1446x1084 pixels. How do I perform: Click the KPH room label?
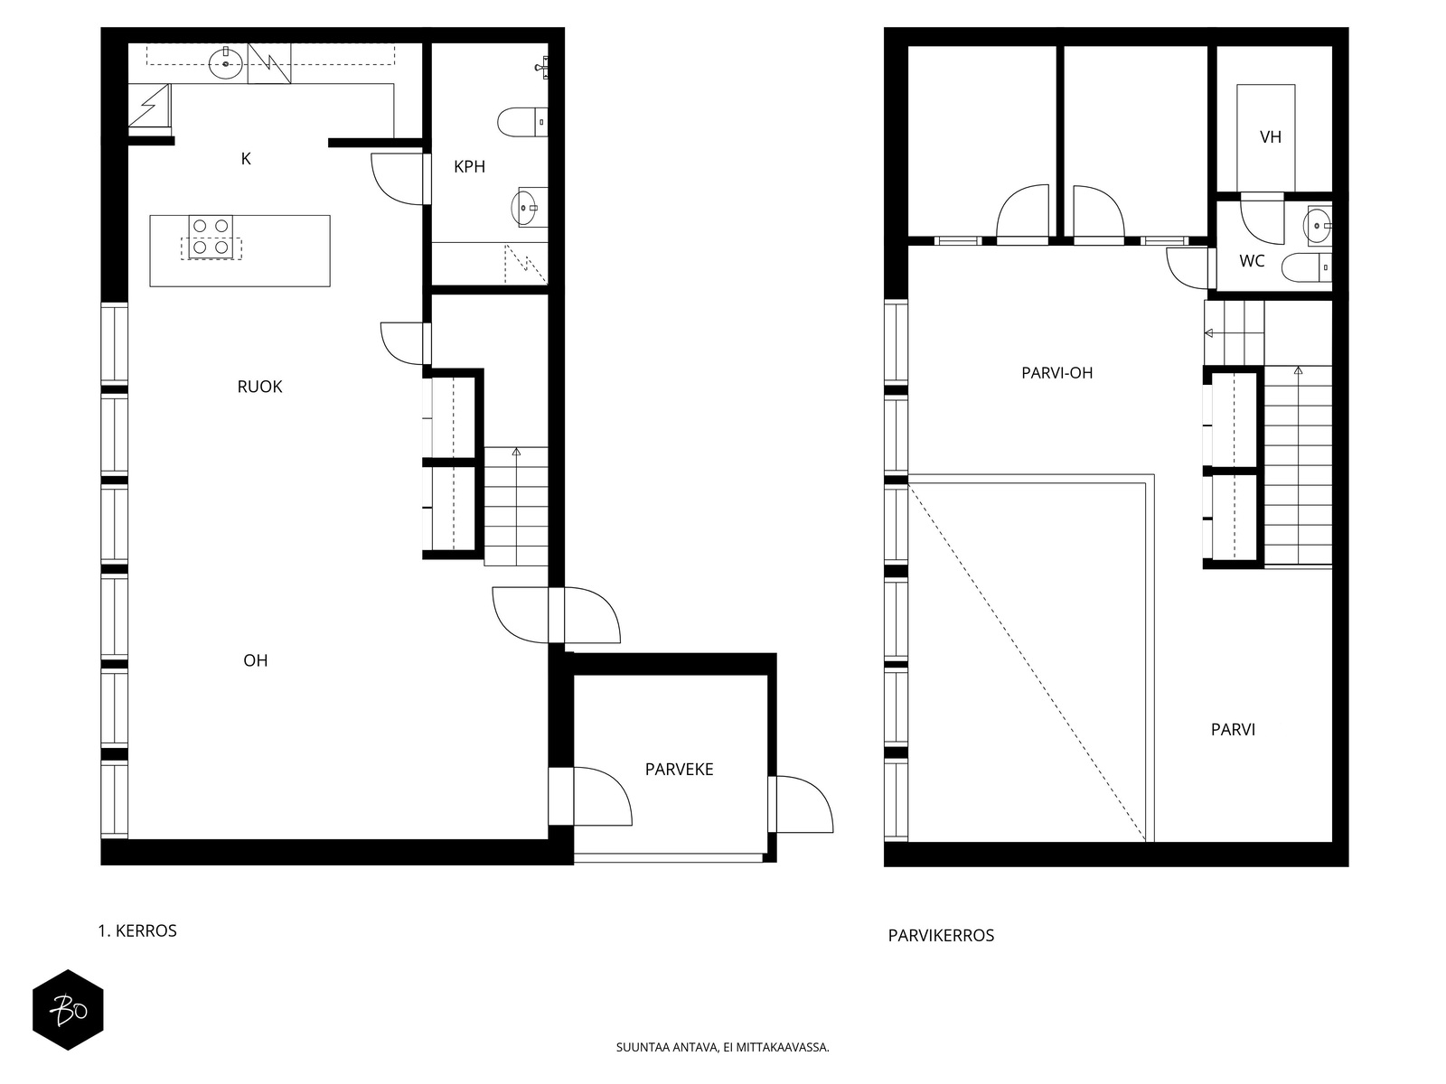469,167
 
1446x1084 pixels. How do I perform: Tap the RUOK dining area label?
259,387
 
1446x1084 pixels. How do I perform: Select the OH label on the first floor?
256,661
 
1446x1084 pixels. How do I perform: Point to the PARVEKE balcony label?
680,770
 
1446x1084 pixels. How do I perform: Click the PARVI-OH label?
1056,373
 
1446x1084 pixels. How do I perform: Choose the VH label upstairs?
1270,137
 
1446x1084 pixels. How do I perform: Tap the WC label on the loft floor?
1252,261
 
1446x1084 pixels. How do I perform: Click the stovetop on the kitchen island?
211,237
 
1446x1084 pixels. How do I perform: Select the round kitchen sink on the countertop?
225,63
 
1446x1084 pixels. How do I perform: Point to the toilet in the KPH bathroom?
522,123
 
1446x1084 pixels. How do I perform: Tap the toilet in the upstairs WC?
1306,268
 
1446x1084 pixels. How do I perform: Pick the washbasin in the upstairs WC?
1317,226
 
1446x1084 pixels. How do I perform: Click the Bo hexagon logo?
68,1010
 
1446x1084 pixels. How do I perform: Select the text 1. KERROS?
137,931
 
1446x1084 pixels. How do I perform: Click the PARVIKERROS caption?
941,936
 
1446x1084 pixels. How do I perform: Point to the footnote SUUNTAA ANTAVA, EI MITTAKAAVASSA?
723,1047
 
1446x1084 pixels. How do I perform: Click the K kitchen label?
246,159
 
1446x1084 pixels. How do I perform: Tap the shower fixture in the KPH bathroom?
540,67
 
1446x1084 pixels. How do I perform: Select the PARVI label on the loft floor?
1233,730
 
